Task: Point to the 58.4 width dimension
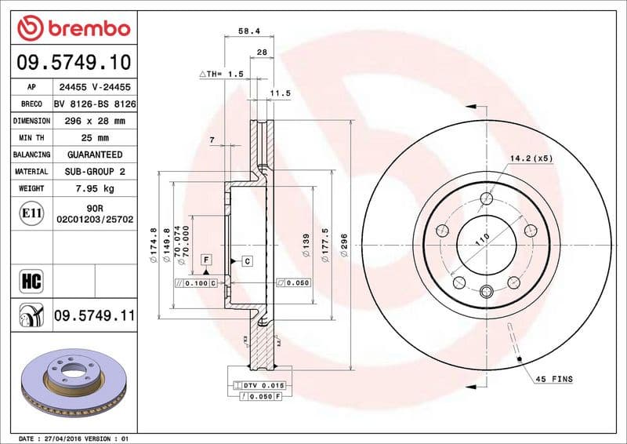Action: click(248, 32)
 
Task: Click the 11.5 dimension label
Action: click(280, 93)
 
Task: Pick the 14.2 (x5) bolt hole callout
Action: click(531, 158)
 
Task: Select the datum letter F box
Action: click(206, 259)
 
